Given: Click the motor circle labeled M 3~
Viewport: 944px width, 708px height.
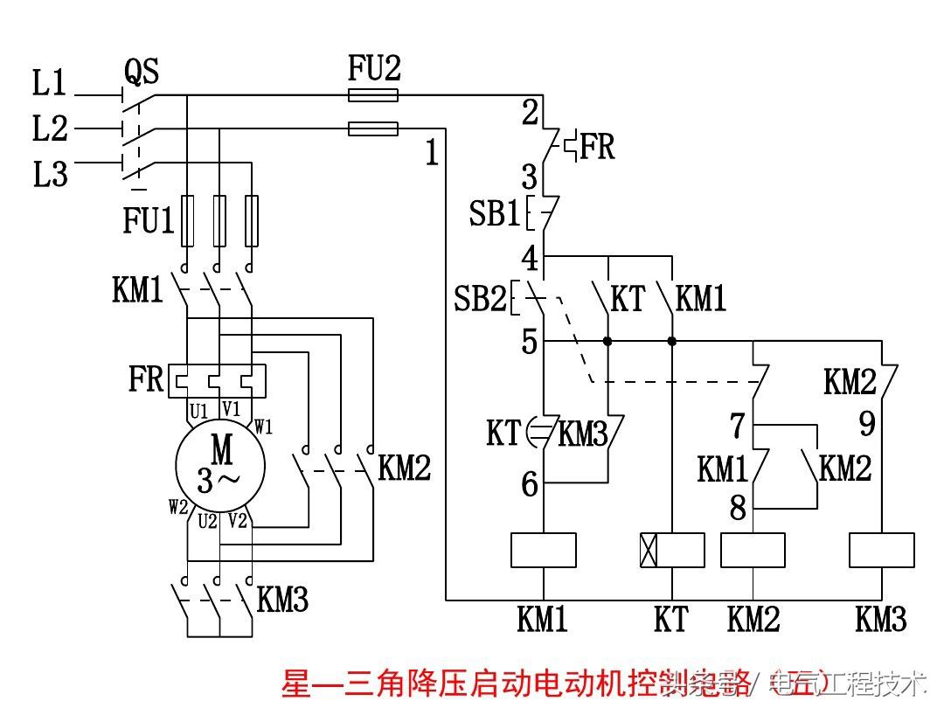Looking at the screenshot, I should (219, 467).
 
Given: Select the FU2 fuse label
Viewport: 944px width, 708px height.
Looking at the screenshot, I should (374, 69).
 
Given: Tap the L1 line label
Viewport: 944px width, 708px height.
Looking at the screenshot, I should (49, 84).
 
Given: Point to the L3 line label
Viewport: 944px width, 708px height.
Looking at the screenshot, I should (50, 175).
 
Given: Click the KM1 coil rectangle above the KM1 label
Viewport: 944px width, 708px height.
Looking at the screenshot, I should (543, 551).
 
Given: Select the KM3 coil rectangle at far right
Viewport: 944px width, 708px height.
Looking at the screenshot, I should (882, 551).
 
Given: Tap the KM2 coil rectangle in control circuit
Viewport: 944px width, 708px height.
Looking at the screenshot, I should (753, 551).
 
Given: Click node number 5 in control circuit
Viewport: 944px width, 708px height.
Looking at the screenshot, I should (530, 342).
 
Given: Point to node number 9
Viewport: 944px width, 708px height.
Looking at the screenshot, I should (866, 424).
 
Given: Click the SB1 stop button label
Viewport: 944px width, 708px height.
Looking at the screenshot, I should (494, 213).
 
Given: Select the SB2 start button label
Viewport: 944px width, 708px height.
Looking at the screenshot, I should (480, 300).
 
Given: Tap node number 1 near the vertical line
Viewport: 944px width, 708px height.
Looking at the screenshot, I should (431, 154).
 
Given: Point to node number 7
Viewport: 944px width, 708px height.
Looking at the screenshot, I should (737, 426).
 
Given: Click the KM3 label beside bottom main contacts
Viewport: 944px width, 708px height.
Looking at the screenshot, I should (282, 600).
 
